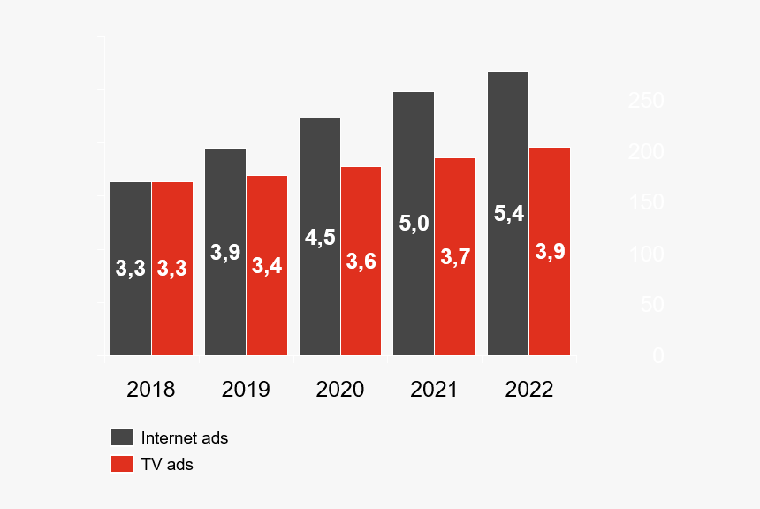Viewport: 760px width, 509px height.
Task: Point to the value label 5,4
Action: [509, 214]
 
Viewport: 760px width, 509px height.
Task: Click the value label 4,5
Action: [320, 238]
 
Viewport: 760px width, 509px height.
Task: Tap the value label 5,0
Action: [414, 224]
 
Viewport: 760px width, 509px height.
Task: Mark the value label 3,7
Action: [455, 257]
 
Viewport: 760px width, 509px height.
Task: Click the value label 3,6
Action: [361, 262]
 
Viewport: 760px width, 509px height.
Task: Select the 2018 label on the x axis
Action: [151, 390]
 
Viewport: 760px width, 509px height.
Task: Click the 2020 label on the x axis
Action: [340, 390]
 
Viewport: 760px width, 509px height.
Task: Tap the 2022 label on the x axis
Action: [528, 390]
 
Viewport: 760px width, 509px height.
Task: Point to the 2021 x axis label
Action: [434, 390]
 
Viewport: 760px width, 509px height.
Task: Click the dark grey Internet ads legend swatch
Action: [121, 437]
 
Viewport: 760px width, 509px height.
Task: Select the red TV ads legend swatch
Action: [121, 464]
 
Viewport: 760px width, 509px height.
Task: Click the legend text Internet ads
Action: [185, 437]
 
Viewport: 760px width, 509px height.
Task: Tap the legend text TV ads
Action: [167, 464]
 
